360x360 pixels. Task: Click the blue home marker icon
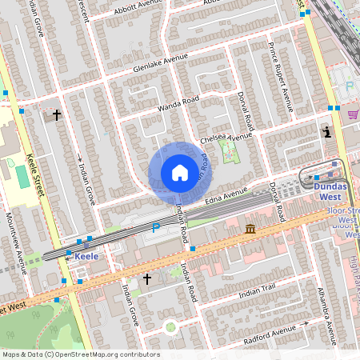point(180,173)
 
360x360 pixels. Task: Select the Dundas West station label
point(330,190)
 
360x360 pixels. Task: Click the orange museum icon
point(251,230)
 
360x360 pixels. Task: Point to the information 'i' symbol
point(326,133)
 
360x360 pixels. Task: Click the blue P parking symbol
point(156,228)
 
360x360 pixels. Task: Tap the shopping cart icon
point(353,114)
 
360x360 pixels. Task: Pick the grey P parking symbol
point(350,87)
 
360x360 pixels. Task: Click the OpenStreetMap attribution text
point(80,354)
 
